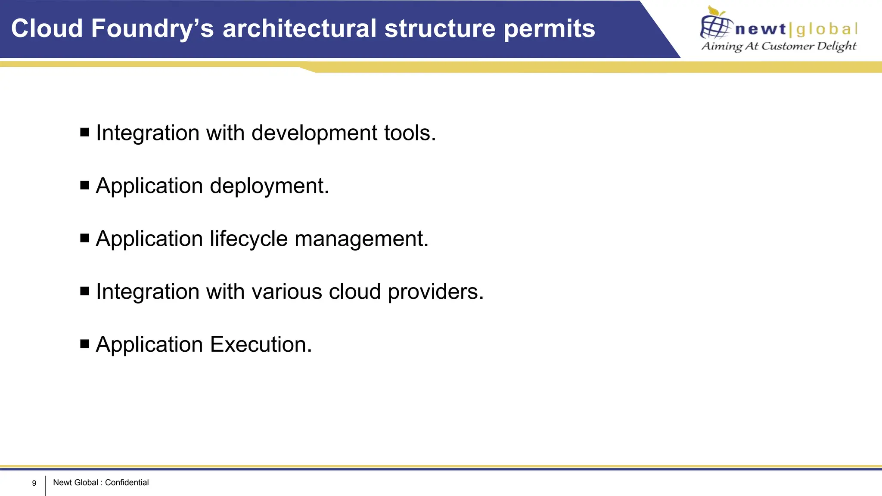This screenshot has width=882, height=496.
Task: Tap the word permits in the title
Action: pos(549,28)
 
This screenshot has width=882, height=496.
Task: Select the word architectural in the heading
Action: pos(299,28)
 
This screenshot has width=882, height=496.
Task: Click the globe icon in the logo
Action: pos(715,26)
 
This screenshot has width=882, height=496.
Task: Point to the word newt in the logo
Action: pos(761,29)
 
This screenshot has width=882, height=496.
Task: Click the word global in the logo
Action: pos(827,29)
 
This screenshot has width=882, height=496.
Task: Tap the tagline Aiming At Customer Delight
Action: pos(779,46)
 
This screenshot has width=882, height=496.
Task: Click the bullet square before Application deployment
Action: pos(85,185)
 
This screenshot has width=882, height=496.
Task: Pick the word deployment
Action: pos(269,186)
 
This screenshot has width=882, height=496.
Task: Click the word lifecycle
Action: pos(248,239)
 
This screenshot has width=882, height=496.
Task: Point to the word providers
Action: pos(435,292)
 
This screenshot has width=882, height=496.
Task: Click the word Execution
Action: pos(261,344)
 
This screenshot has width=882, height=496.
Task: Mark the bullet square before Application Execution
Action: pos(85,344)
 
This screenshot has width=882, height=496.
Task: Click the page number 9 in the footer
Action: pos(34,483)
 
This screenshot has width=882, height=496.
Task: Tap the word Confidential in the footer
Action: pos(127,483)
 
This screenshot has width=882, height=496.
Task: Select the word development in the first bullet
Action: pos(314,133)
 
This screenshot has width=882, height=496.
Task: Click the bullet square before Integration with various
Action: pos(85,291)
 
